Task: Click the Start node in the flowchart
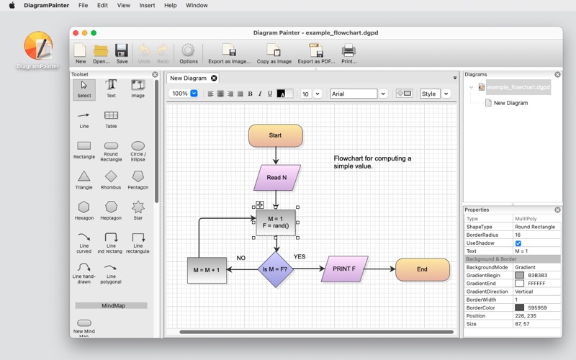[276, 135]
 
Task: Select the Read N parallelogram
[277, 178]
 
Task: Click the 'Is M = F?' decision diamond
[276, 269]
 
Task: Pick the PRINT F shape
[345, 269]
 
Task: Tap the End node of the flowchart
[423, 269]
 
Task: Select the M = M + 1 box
[207, 270]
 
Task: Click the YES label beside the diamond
[300, 256]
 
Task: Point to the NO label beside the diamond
[241, 258]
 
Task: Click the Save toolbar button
[122, 53]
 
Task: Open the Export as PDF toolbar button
[316, 53]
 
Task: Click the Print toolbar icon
[348, 53]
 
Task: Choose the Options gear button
[189, 53]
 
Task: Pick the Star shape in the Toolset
[138, 210]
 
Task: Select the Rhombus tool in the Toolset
[111, 179]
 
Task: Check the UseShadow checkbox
[518, 243]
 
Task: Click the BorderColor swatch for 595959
[519, 307]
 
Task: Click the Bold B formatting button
[250, 94]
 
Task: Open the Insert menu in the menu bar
[147, 5]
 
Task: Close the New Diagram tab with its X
[214, 78]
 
